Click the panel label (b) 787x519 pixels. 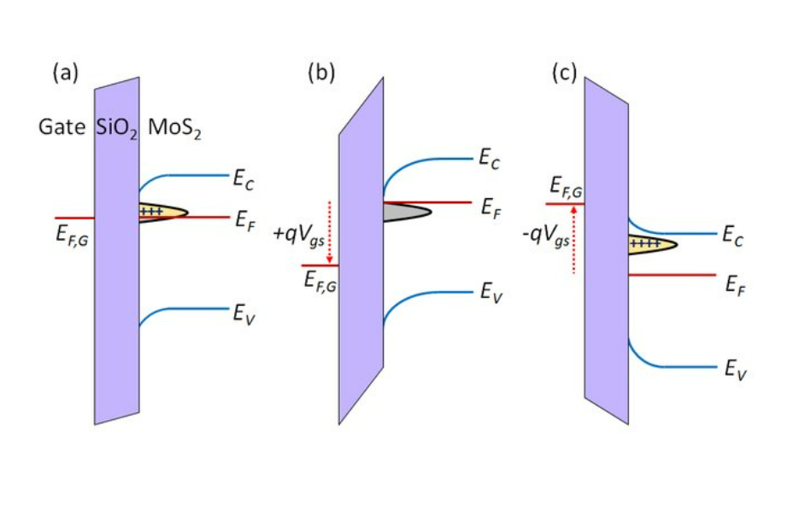(x=321, y=73)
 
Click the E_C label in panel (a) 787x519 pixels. (x=244, y=179)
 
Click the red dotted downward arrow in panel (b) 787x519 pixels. (x=329, y=230)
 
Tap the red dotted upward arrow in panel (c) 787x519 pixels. (x=573, y=240)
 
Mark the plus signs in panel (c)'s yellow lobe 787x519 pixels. (x=646, y=244)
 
